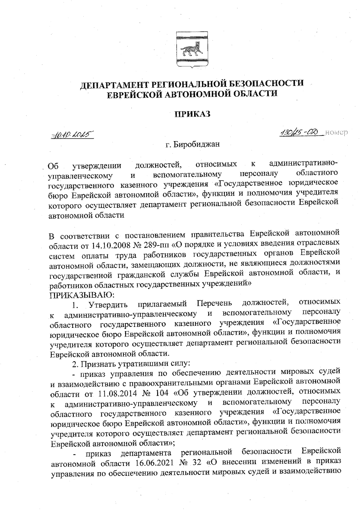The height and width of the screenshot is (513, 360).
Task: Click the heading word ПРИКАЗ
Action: [x=192, y=114]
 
